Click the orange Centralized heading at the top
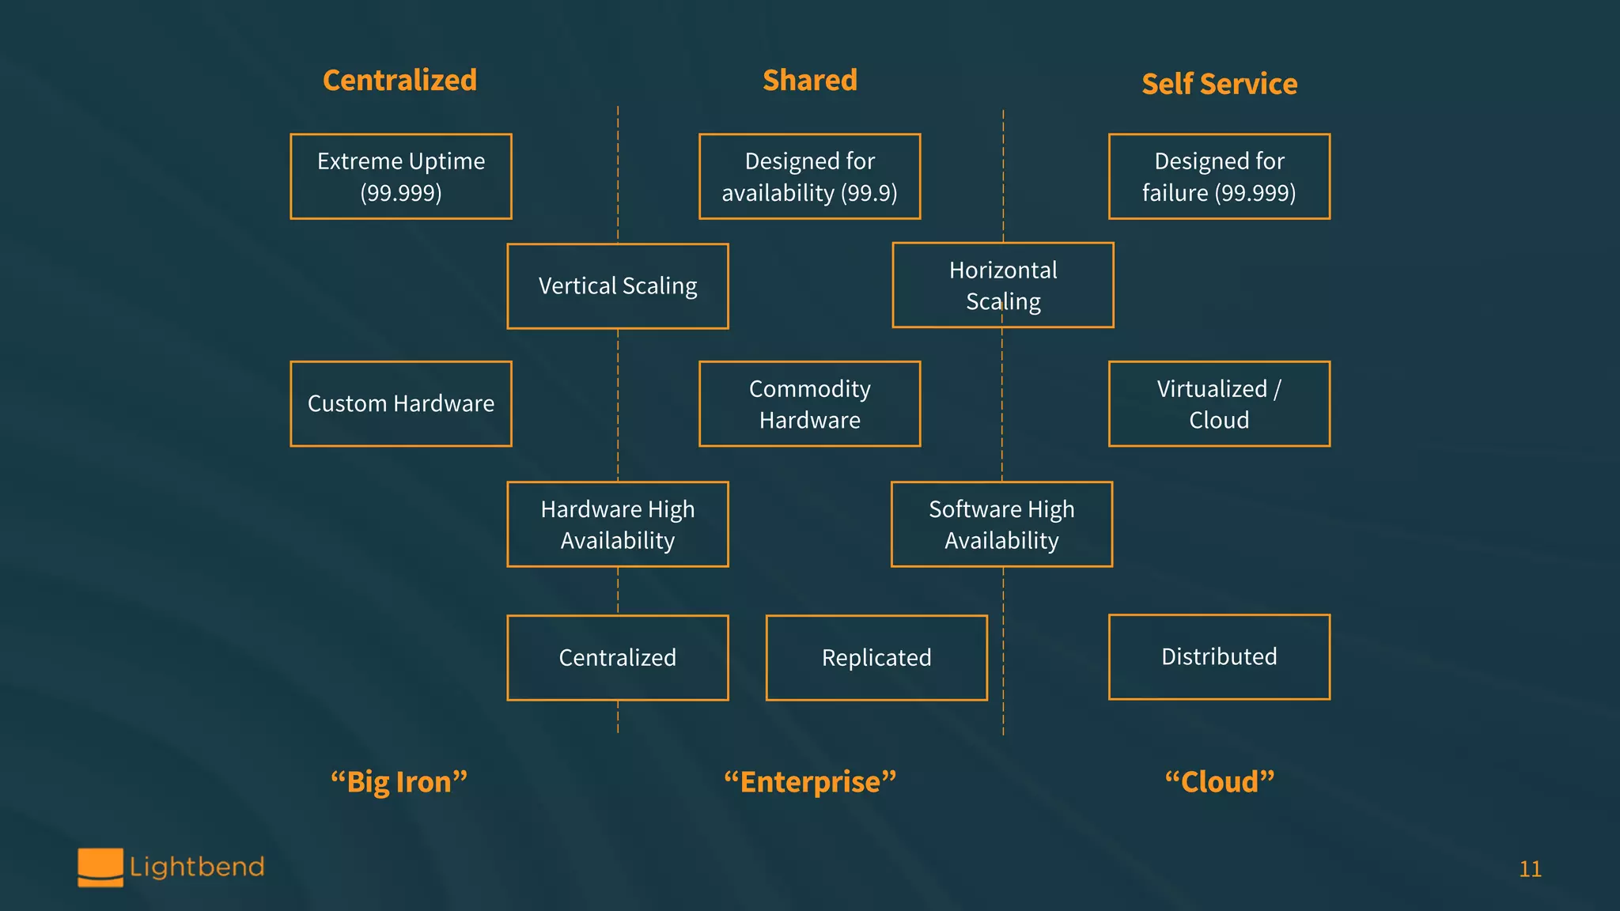coord(399,81)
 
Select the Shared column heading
coord(810,81)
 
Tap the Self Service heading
coord(1219,84)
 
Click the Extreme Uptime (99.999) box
coord(401,176)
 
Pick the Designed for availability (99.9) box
coord(810,176)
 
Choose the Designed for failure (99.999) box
coord(1219,176)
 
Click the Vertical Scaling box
coord(618,285)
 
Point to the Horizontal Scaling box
coord(1003,285)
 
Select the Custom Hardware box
coord(401,404)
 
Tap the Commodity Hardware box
coord(810,404)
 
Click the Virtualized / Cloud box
coord(1219,404)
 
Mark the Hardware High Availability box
coord(618,524)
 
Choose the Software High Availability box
coord(1001,524)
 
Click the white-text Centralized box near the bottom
coord(618,658)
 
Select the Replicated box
coord(876,658)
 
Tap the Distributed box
coord(1219,657)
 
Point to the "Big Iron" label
coord(399,782)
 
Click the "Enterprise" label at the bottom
coord(810,782)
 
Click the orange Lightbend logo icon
coord(100,868)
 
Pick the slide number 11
coord(1530,869)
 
